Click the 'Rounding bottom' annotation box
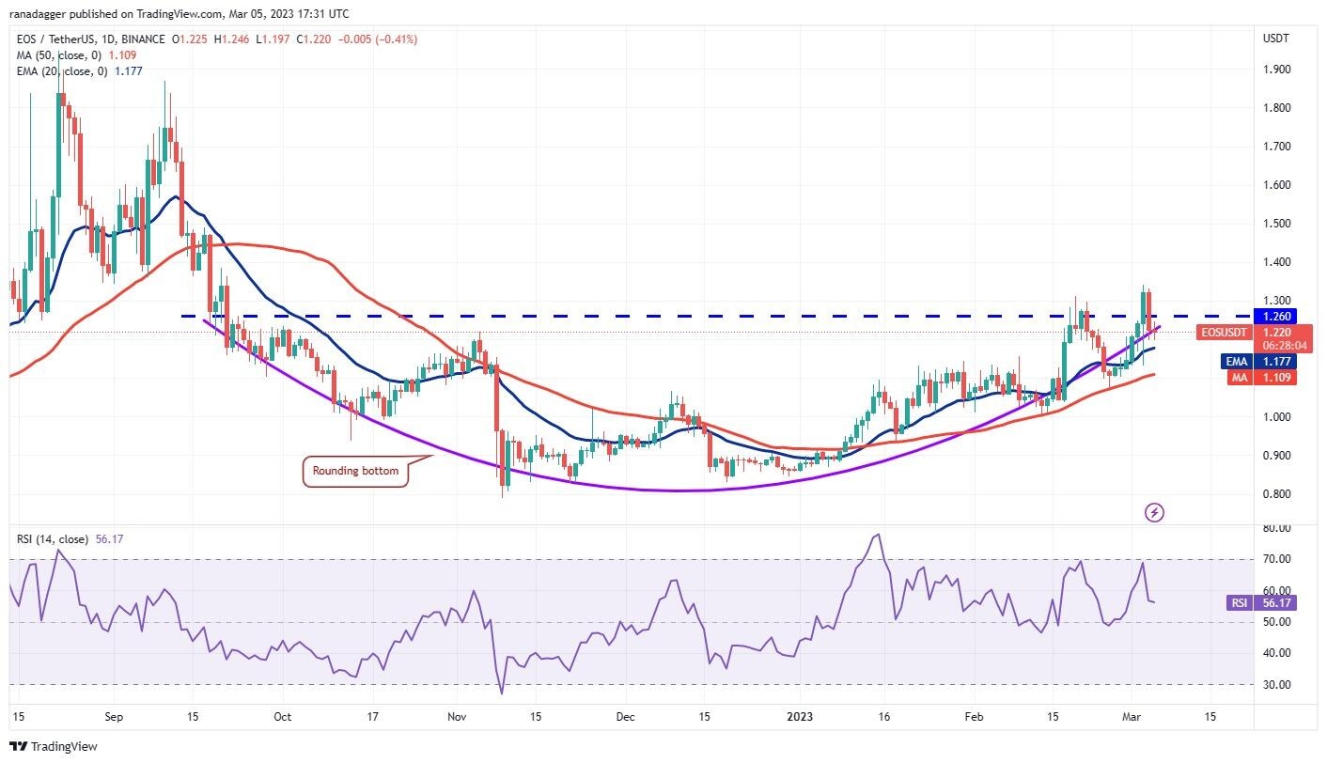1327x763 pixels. coord(356,471)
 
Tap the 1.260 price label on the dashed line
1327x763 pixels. coord(1281,317)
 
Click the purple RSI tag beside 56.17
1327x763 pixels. coord(1239,603)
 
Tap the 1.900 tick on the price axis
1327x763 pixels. coord(1276,69)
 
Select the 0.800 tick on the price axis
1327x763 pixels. coord(1276,494)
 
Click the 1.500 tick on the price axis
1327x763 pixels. coord(1276,224)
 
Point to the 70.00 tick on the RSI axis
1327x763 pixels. coord(1275,559)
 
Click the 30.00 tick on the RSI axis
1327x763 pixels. coord(1275,685)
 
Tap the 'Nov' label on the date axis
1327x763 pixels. coord(457,716)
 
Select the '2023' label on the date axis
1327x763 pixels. coord(799,716)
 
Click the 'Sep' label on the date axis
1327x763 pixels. coord(114,716)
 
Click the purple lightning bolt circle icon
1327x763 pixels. coord(1155,512)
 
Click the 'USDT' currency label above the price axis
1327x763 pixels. coord(1276,39)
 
